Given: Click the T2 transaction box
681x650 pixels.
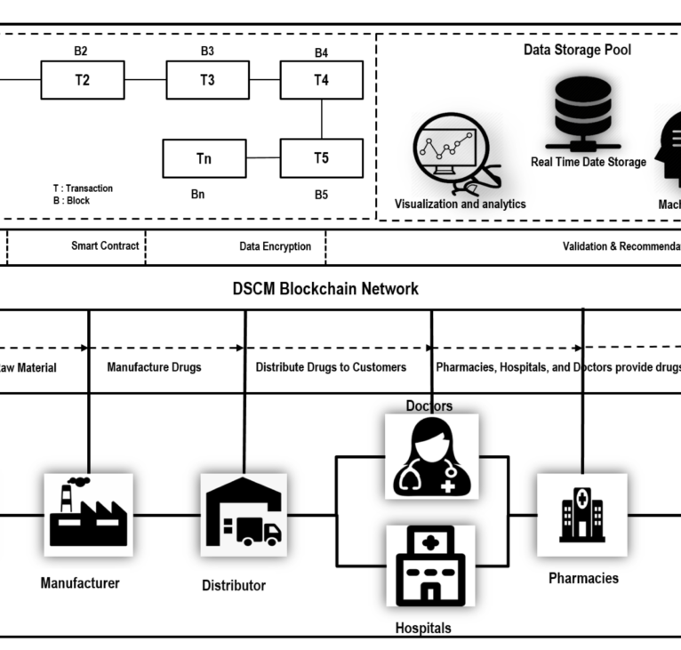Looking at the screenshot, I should coord(83,80).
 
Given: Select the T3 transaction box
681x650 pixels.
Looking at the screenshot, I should coord(207,80).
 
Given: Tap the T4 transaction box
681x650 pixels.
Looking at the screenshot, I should coord(321,80).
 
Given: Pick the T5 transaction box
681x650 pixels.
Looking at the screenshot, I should coord(321,158).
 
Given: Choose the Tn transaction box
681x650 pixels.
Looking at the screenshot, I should coord(204,158).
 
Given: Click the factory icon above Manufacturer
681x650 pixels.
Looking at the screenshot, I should coord(88,515).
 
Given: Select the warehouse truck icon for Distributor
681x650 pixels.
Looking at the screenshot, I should coord(243,515).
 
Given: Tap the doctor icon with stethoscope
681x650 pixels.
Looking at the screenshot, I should coord(431,455).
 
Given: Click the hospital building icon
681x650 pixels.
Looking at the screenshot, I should coord(431,566).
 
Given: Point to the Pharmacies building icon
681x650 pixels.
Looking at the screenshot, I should coord(582,514).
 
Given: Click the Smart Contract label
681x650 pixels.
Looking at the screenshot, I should coord(105,246).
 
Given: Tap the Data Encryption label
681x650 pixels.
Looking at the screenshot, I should coord(275,246).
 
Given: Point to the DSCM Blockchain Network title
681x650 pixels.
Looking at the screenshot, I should coord(325,289).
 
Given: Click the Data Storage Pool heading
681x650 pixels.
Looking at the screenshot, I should coord(577,50).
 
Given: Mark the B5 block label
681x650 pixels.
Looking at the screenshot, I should coord(321,195).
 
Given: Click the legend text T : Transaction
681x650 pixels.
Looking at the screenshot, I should coord(84,189).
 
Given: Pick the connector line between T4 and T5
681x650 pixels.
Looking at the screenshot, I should coord(321,119).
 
